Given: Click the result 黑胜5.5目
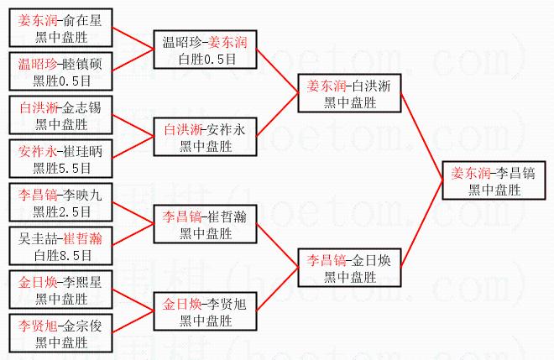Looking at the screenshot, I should [60, 168].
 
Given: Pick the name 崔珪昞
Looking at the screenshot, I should [82, 153].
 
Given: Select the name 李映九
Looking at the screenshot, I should [82, 196].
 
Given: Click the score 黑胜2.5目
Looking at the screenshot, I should [60, 211].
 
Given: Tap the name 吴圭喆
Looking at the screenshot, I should [39, 239].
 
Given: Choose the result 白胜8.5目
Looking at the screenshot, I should [60, 254].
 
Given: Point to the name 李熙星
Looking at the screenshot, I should [82, 283].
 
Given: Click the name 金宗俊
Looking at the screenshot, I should [82, 326].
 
